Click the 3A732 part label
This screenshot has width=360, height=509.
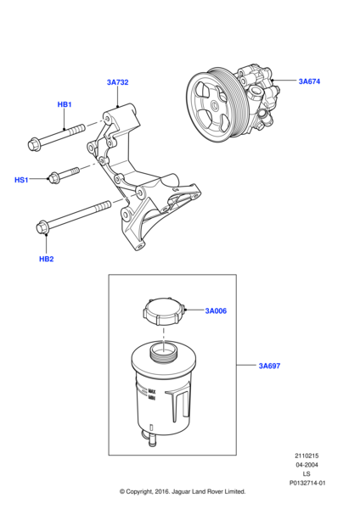click(118, 82)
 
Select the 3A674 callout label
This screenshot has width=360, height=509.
click(309, 81)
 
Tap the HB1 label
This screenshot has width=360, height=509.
click(65, 104)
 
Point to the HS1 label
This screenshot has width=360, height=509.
click(21, 180)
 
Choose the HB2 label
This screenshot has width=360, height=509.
click(46, 259)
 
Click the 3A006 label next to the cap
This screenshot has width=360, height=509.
click(216, 311)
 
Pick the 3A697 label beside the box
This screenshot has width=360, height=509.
click(269, 366)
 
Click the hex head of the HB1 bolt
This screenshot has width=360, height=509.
click(34, 145)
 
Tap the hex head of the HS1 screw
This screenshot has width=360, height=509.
click(53, 178)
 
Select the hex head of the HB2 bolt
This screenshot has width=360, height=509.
click(42, 227)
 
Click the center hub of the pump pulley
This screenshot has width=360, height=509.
click(215, 105)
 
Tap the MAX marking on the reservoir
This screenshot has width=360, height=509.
click(152, 391)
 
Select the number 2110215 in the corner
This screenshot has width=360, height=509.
click(307, 456)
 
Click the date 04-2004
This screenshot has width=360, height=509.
click(307, 465)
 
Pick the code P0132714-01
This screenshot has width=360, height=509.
click(307, 483)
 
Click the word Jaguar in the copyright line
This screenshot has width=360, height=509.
click(182, 492)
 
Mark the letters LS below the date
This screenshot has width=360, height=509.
click(307, 474)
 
